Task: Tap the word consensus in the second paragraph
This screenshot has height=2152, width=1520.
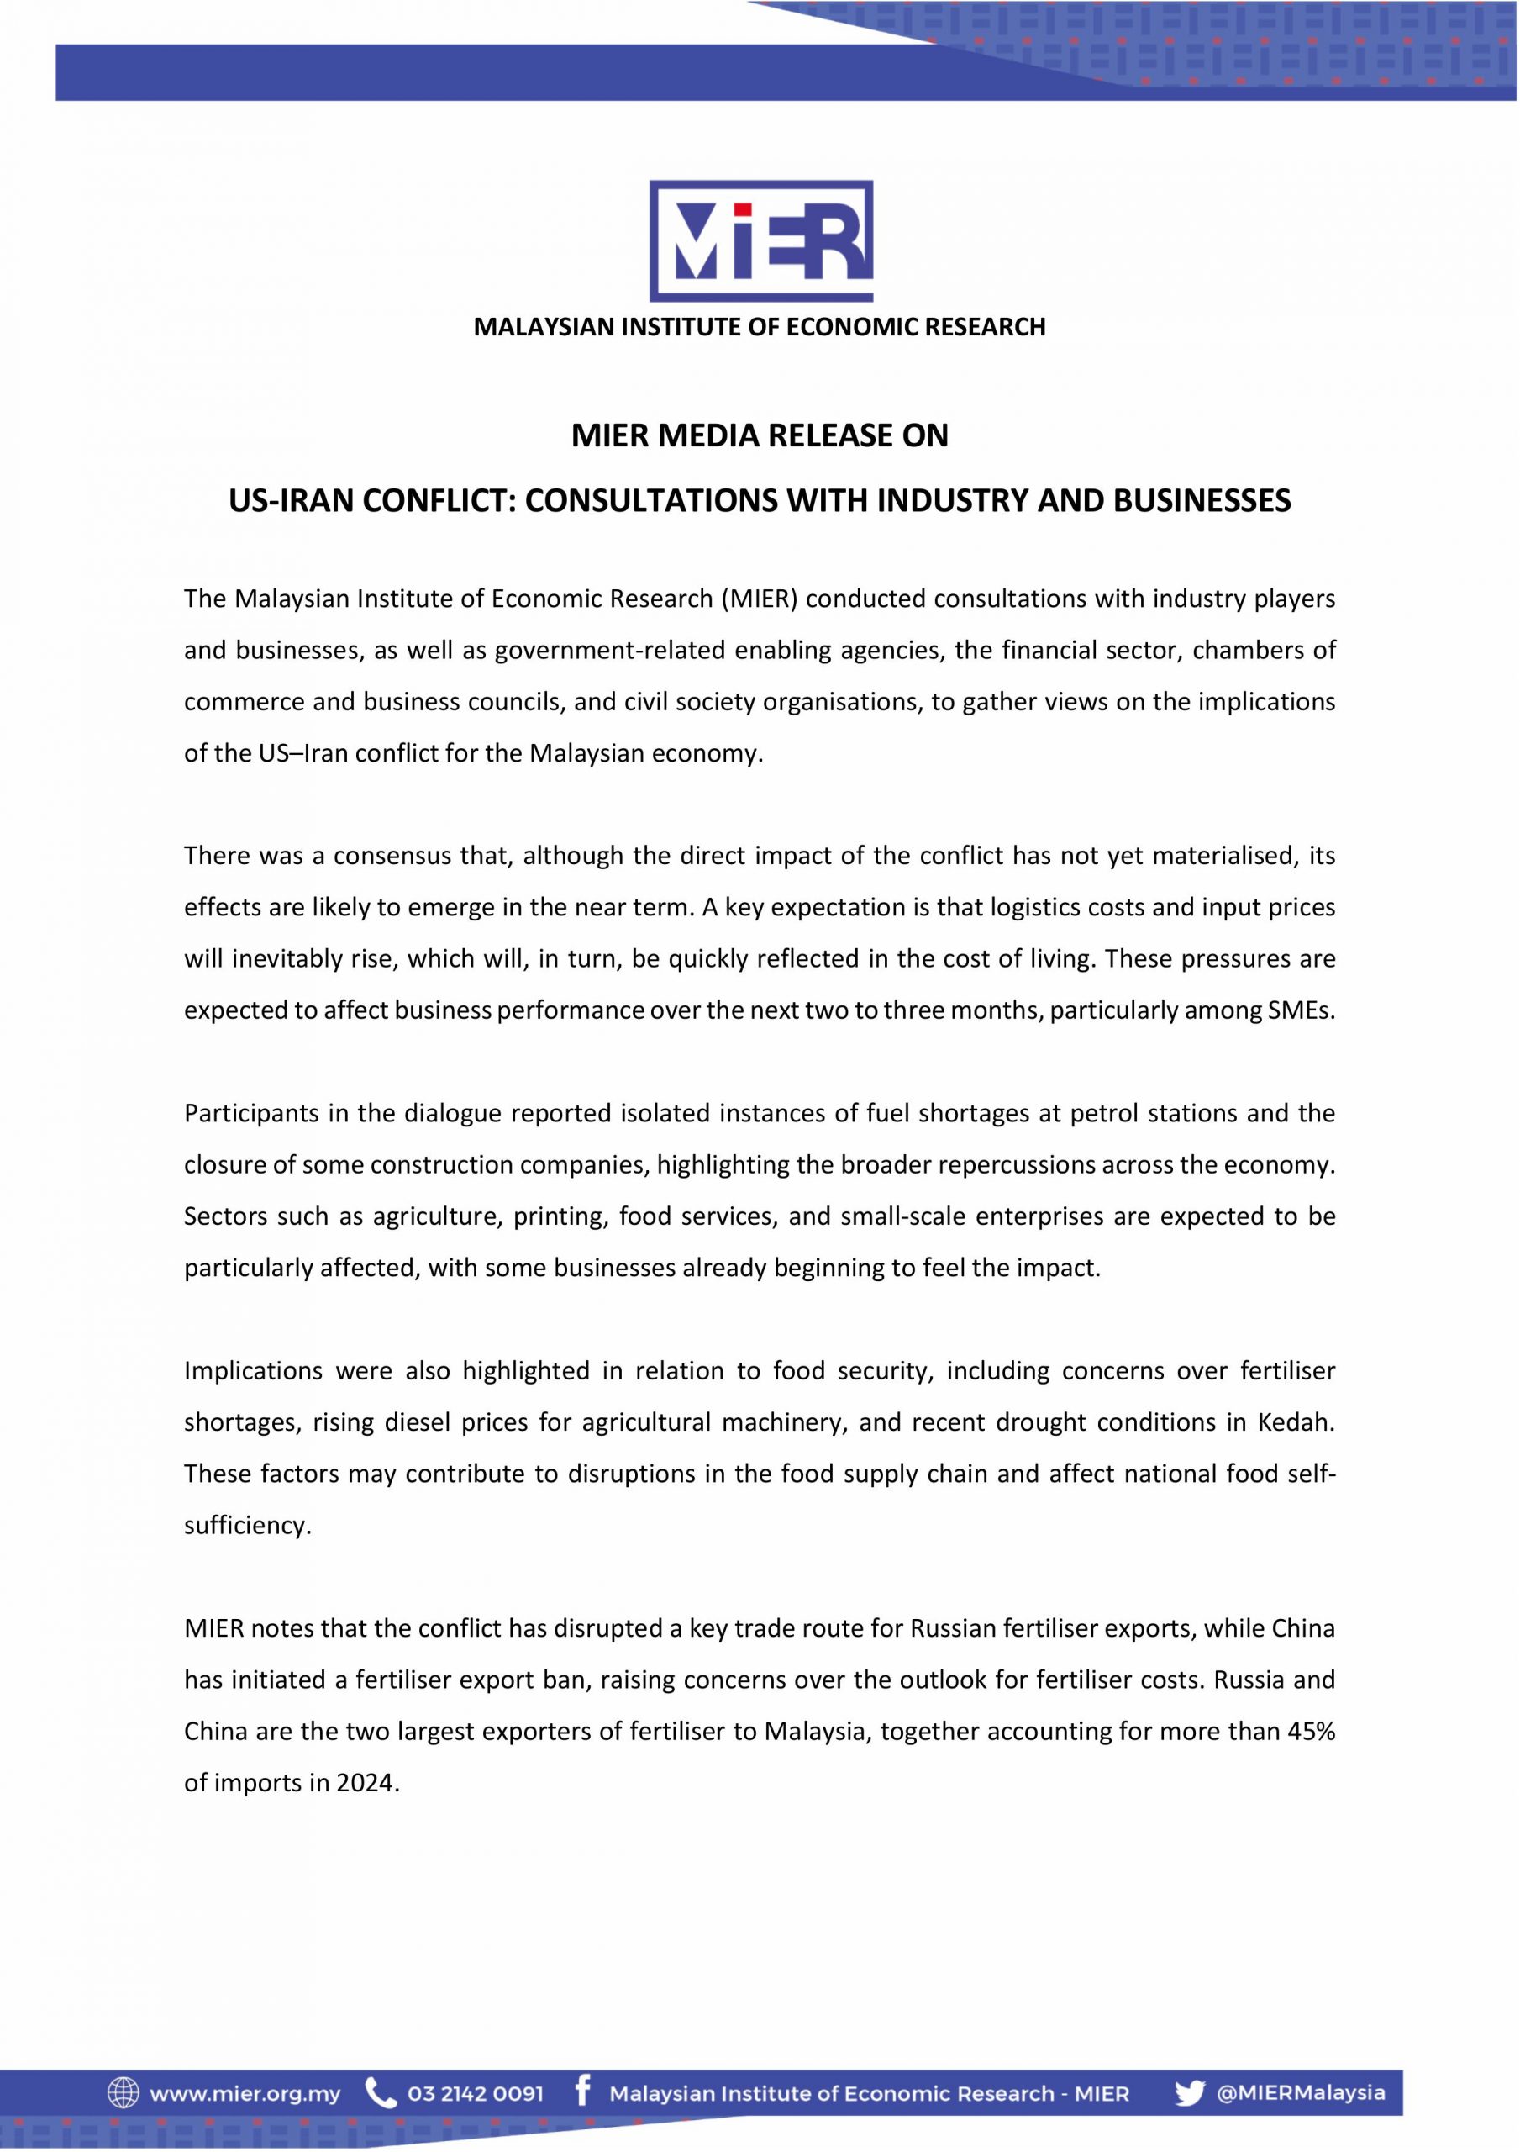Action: click(x=392, y=856)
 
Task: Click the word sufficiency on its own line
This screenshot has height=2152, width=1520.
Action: click(x=246, y=1526)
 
